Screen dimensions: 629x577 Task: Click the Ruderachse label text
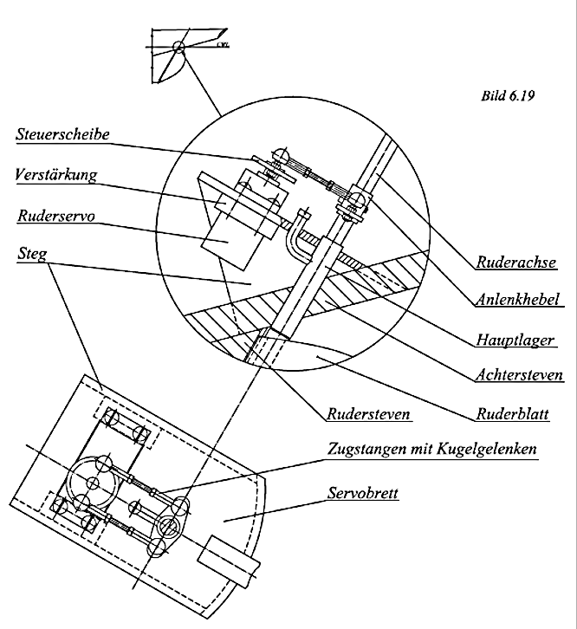515,262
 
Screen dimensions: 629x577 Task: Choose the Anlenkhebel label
517,301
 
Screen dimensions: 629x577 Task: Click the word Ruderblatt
517,414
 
